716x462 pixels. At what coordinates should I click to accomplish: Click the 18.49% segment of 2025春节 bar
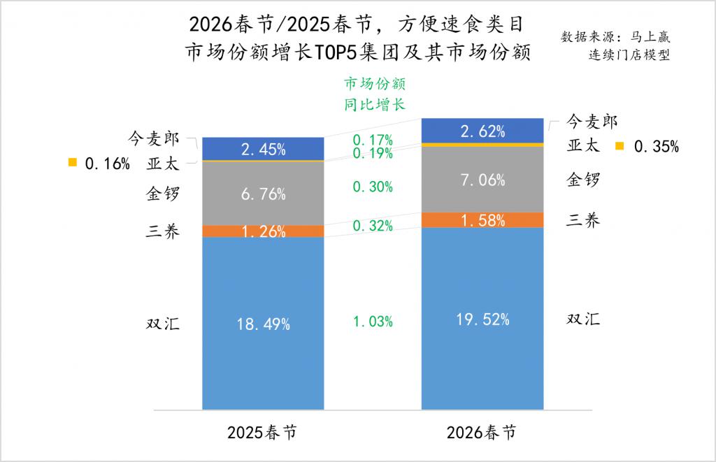263,324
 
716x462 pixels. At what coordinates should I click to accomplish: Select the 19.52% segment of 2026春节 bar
482,319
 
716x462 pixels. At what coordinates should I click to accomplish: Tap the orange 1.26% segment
263,231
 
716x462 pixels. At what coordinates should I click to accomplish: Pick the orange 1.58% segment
482,220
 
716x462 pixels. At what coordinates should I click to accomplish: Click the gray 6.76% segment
263,194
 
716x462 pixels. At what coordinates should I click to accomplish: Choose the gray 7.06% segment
482,180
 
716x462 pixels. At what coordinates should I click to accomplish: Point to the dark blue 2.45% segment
263,148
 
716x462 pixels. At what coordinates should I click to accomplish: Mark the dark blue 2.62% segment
482,130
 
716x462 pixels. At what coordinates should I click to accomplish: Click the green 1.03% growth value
373,322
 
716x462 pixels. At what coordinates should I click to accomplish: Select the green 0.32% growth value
373,226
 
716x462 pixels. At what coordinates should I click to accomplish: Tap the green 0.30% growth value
373,187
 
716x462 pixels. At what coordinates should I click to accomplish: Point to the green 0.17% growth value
373,139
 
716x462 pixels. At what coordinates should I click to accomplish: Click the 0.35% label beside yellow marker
656,147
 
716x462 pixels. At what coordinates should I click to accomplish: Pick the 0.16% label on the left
107,164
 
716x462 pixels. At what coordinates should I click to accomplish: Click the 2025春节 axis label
262,432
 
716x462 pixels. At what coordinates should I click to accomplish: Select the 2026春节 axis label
482,432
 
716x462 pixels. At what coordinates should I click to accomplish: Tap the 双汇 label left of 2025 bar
163,324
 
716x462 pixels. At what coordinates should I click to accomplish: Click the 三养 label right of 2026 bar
583,221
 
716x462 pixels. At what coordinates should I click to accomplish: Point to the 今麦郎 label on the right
592,122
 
